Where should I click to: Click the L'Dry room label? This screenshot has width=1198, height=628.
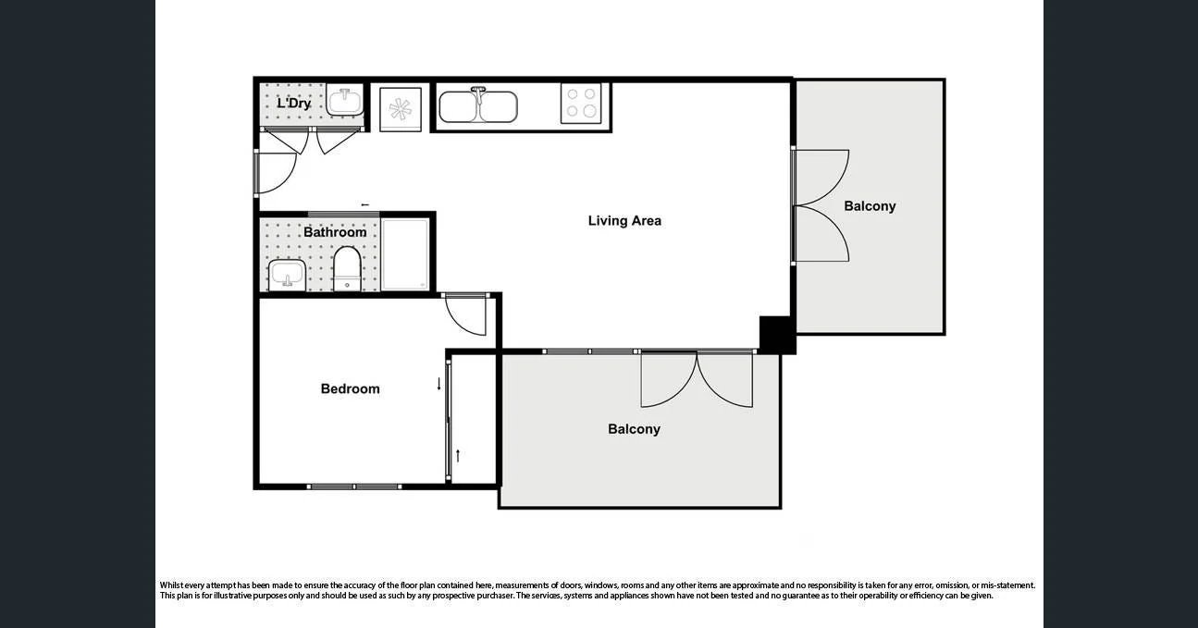click(293, 104)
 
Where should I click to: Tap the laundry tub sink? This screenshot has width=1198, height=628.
click(346, 101)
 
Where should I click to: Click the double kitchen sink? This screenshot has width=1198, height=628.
click(477, 106)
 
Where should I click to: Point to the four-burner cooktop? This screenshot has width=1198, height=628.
click(581, 103)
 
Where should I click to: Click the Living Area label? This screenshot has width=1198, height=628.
click(624, 221)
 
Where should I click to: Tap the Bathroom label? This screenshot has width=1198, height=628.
click(335, 232)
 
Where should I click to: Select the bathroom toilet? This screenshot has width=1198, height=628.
click(348, 268)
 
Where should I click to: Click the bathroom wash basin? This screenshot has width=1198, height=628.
click(287, 275)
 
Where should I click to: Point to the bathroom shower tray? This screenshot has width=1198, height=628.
click(406, 254)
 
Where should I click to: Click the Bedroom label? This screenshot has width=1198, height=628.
click(350, 389)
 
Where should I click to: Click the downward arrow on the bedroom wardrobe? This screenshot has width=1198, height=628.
click(439, 384)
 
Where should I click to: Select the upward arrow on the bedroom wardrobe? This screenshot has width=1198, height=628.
click(457, 455)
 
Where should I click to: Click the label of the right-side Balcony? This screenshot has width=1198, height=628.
click(870, 206)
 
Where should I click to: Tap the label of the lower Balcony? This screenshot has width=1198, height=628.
click(634, 429)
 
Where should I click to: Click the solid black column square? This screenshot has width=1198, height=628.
click(777, 334)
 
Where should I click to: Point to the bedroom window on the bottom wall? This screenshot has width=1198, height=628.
click(354, 486)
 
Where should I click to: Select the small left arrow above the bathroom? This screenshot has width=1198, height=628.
click(364, 205)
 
